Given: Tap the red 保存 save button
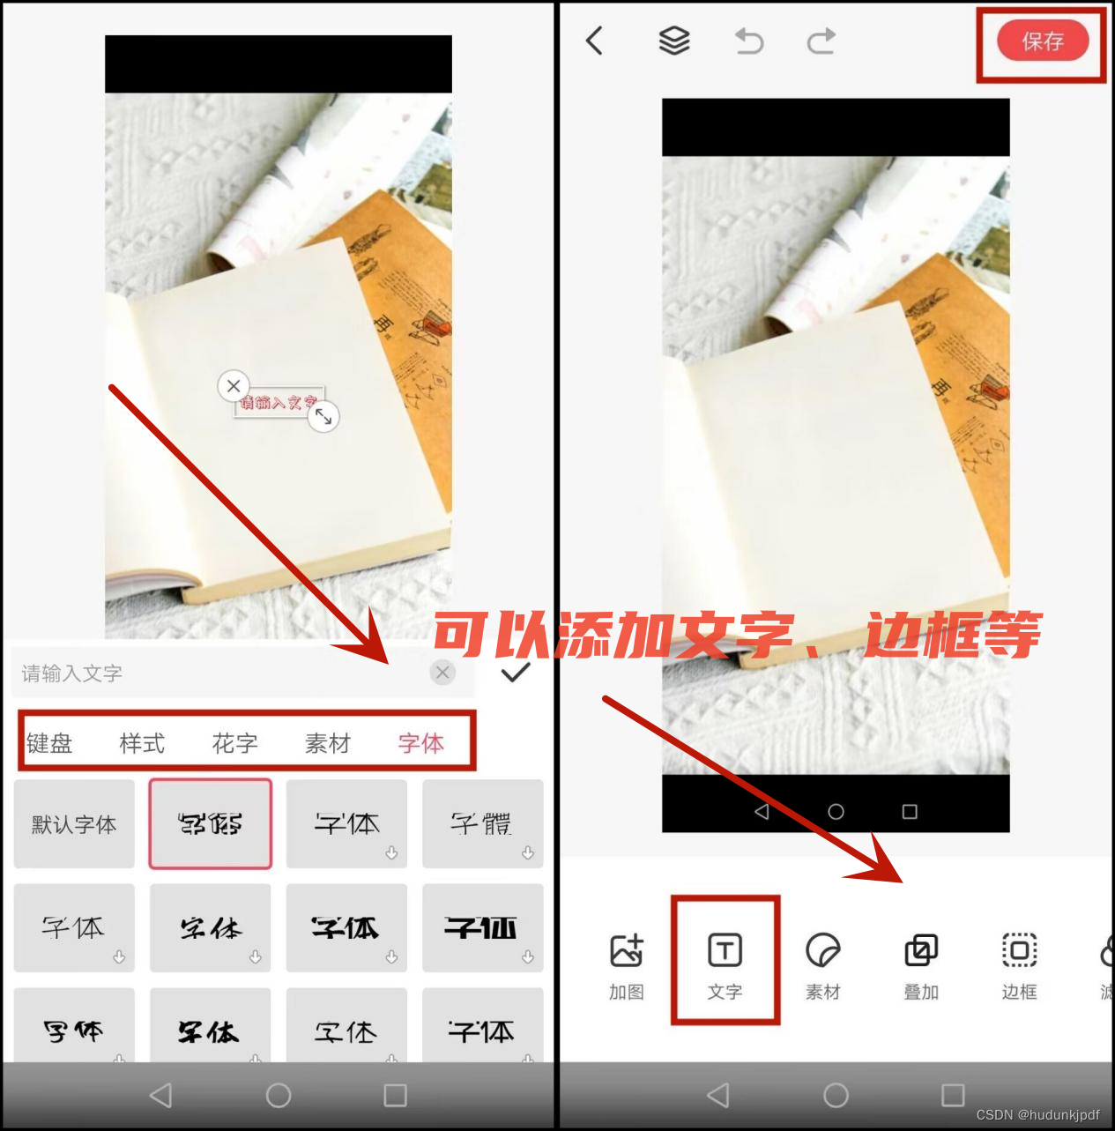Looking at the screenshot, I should [x=1043, y=41].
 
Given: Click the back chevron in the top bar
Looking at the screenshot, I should [x=595, y=41].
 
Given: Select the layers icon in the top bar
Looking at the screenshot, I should [x=674, y=41].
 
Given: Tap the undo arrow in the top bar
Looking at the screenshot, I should [x=749, y=41].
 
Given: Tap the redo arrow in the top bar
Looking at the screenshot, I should [x=821, y=41].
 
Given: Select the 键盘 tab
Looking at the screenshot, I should [x=49, y=743].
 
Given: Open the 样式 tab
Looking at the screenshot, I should [x=142, y=743].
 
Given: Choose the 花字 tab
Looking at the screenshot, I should [x=234, y=743].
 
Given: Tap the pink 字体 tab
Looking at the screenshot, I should [x=420, y=743].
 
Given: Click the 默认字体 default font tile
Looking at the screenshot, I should [x=74, y=824].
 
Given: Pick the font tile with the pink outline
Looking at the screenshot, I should [x=210, y=824].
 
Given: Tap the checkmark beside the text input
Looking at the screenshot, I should [x=515, y=673].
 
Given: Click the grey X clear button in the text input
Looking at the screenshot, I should [x=442, y=673].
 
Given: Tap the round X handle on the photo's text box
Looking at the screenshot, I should [x=234, y=385].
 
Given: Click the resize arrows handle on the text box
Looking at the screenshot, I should [x=323, y=416].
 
